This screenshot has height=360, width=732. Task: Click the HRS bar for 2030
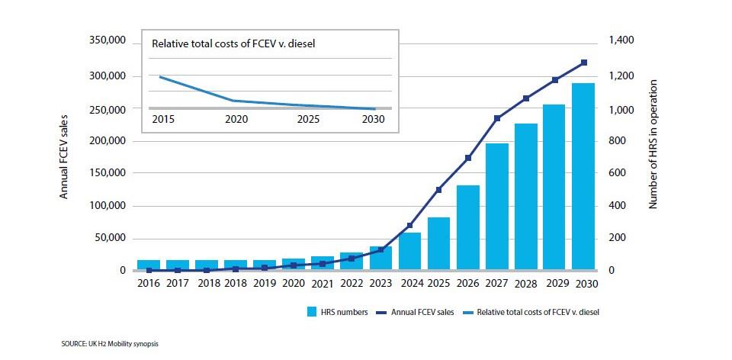click(583, 177)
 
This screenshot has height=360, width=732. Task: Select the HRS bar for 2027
click(496, 207)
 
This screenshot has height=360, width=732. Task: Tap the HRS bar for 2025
click(438, 243)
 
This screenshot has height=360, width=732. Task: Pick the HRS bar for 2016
click(149, 265)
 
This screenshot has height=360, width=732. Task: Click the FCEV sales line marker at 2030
click(583, 63)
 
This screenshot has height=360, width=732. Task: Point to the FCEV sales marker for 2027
click(496, 118)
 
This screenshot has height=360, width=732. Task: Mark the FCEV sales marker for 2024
click(409, 226)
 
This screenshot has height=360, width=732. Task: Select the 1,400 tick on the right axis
click(621, 40)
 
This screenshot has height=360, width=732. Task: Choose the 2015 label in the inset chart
click(162, 120)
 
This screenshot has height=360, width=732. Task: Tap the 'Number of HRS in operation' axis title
click(653, 145)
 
